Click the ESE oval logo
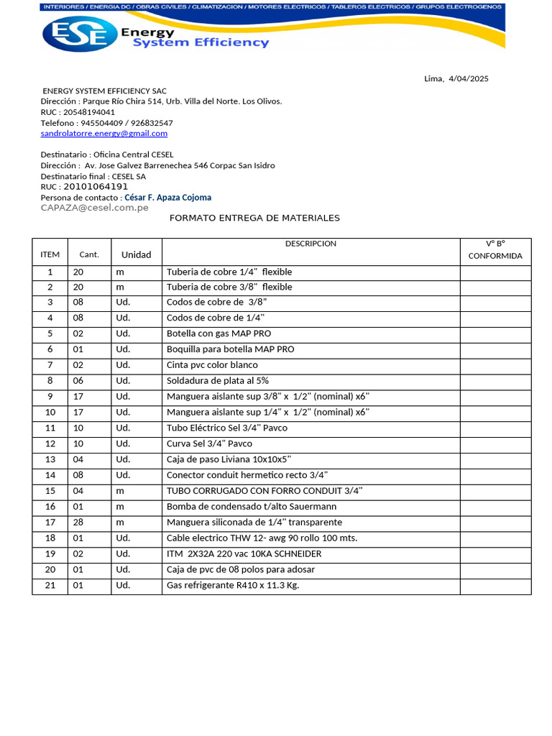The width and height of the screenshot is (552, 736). (x=80, y=34)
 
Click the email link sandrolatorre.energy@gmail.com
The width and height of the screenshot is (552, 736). (x=104, y=134)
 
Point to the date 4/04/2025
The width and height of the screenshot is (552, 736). (x=468, y=79)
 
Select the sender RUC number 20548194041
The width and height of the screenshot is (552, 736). (x=89, y=112)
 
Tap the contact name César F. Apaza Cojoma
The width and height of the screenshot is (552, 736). (x=168, y=198)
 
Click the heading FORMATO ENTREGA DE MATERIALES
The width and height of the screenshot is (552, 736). (x=254, y=218)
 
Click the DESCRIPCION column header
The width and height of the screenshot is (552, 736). (x=310, y=244)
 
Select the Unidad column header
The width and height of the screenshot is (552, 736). (x=136, y=254)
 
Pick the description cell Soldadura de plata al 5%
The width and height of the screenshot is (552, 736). (x=218, y=381)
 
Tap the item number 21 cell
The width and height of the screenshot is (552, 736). (x=50, y=586)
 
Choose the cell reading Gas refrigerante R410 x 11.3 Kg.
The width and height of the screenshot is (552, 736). (x=233, y=586)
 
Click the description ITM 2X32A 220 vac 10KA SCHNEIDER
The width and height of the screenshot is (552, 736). (x=244, y=554)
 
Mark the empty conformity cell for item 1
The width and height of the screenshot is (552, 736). (x=495, y=272)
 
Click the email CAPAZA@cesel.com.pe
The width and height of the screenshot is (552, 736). (x=95, y=208)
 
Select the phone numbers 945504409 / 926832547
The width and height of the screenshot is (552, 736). (x=126, y=123)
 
